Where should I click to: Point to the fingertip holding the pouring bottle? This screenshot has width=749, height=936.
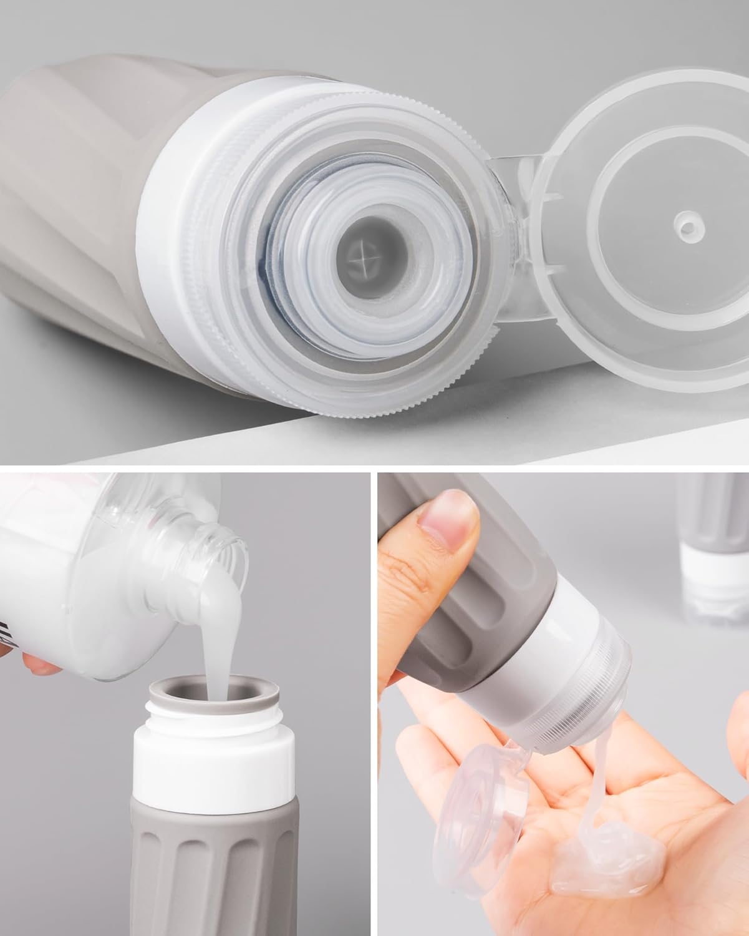(x=41, y=674)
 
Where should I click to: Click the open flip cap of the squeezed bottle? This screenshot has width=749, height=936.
(x=480, y=805)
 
